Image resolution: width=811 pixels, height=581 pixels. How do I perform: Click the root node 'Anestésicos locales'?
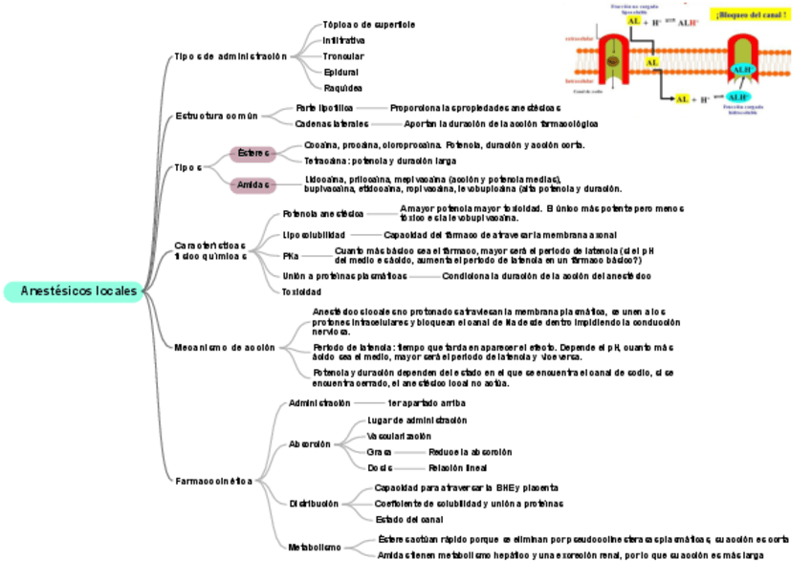[x=73, y=291]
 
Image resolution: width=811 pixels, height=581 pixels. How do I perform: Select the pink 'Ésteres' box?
[x=252, y=153]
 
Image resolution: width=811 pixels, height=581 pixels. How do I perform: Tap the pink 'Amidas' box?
[x=252, y=184]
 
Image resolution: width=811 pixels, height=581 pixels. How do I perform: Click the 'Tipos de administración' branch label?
[x=230, y=56]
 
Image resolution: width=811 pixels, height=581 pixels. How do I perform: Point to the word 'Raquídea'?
[x=342, y=88]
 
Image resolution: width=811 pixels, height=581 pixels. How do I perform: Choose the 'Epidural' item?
[x=341, y=72]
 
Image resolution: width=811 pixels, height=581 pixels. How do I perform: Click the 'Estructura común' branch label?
[x=216, y=116]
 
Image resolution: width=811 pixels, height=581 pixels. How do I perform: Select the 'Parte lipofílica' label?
[x=324, y=108]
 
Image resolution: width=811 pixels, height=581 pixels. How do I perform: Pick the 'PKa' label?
[x=291, y=256]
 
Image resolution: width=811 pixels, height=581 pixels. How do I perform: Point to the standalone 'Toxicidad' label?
[x=302, y=291]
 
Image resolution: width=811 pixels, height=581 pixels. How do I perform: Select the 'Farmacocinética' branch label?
[x=213, y=481]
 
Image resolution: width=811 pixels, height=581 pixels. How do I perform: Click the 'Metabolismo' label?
[x=315, y=548]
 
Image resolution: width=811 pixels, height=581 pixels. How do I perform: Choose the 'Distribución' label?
[x=314, y=504]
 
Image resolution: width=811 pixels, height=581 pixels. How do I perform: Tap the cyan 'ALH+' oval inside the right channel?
[x=743, y=69]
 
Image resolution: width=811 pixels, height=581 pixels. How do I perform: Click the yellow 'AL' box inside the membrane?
[x=652, y=62]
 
